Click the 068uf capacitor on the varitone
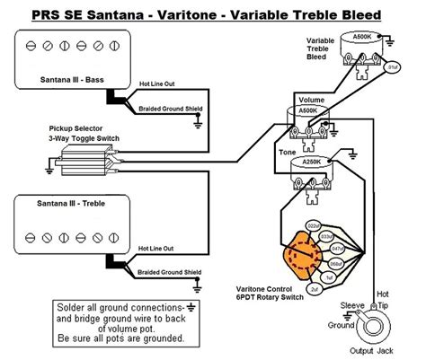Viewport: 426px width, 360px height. pyautogui.click(x=333, y=264)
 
